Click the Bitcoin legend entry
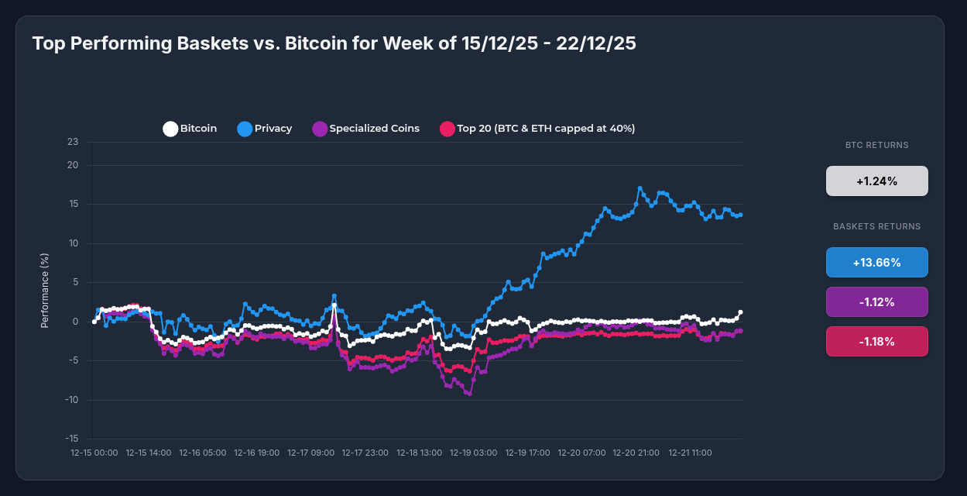[x=190, y=129]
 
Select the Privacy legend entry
[x=265, y=129]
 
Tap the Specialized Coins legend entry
[x=365, y=129]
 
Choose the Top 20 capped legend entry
[x=537, y=129]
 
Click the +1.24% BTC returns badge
[x=876, y=181]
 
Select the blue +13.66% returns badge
[x=876, y=263]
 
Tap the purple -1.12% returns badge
[x=876, y=302]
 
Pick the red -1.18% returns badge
[x=876, y=342]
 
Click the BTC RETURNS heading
[x=876, y=145]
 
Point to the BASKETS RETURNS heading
[x=876, y=226]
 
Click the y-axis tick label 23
[x=73, y=142]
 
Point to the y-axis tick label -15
[x=71, y=439]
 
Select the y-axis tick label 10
[x=73, y=243]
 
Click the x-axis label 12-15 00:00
[x=94, y=452]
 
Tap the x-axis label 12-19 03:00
[x=474, y=452]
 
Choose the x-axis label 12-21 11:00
[x=691, y=452]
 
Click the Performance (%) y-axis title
[x=45, y=291]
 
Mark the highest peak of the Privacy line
[x=640, y=188]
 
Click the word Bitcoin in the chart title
[x=318, y=43]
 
